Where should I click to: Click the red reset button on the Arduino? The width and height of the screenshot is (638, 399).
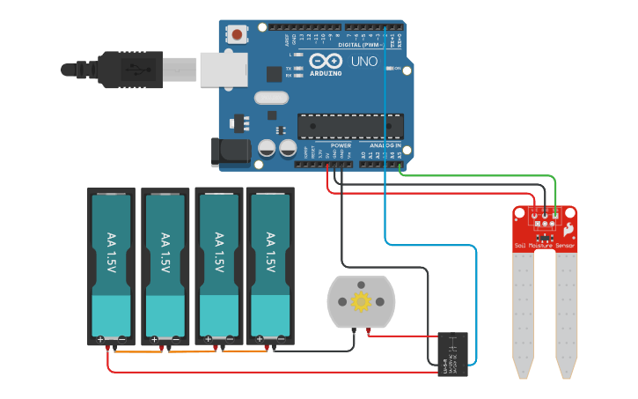click(x=237, y=35)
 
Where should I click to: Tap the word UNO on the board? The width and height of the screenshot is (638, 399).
click(x=364, y=63)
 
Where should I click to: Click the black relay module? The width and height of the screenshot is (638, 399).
click(x=452, y=354)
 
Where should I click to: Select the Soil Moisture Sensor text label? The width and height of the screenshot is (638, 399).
click(x=545, y=246)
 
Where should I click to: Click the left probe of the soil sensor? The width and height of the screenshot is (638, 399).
click(x=524, y=308)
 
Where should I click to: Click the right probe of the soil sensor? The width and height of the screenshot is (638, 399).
click(x=566, y=308)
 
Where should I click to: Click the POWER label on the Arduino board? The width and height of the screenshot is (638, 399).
click(x=341, y=145)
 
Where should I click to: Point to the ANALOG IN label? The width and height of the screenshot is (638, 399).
click(x=385, y=145)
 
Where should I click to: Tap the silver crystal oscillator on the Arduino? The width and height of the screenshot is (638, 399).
click(x=270, y=98)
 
